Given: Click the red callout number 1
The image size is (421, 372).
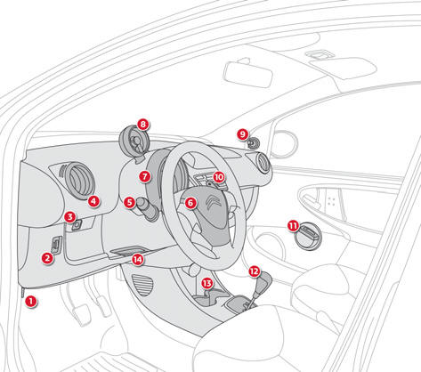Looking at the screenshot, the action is (30, 302).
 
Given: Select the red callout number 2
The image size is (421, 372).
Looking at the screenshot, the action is (47, 258).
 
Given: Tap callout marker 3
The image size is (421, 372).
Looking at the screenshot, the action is (69, 217).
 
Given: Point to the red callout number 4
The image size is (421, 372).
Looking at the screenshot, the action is (93, 201).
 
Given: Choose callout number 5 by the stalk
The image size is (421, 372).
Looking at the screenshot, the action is (129, 203).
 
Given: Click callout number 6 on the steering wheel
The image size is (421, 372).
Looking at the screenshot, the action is (190, 203).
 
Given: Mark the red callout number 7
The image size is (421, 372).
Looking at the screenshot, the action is (145, 177).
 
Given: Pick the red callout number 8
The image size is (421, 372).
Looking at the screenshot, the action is (143, 125).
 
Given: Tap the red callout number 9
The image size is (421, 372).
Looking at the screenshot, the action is (243, 134).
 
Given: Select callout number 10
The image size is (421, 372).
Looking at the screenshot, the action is (219, 177).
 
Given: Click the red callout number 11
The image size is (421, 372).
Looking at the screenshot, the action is (293, 226).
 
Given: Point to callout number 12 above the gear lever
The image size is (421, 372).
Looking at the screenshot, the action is (255, 271).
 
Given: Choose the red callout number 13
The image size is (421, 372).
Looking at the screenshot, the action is (207, 283).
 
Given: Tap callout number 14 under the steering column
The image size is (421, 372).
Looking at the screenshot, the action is (138, 260).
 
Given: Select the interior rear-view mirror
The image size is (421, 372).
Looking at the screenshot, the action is (247, 74).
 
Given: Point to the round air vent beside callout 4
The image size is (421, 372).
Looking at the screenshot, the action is (78, 180).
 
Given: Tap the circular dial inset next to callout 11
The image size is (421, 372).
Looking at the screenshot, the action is (309, 236).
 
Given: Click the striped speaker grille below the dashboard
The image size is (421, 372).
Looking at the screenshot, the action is (142, 285).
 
